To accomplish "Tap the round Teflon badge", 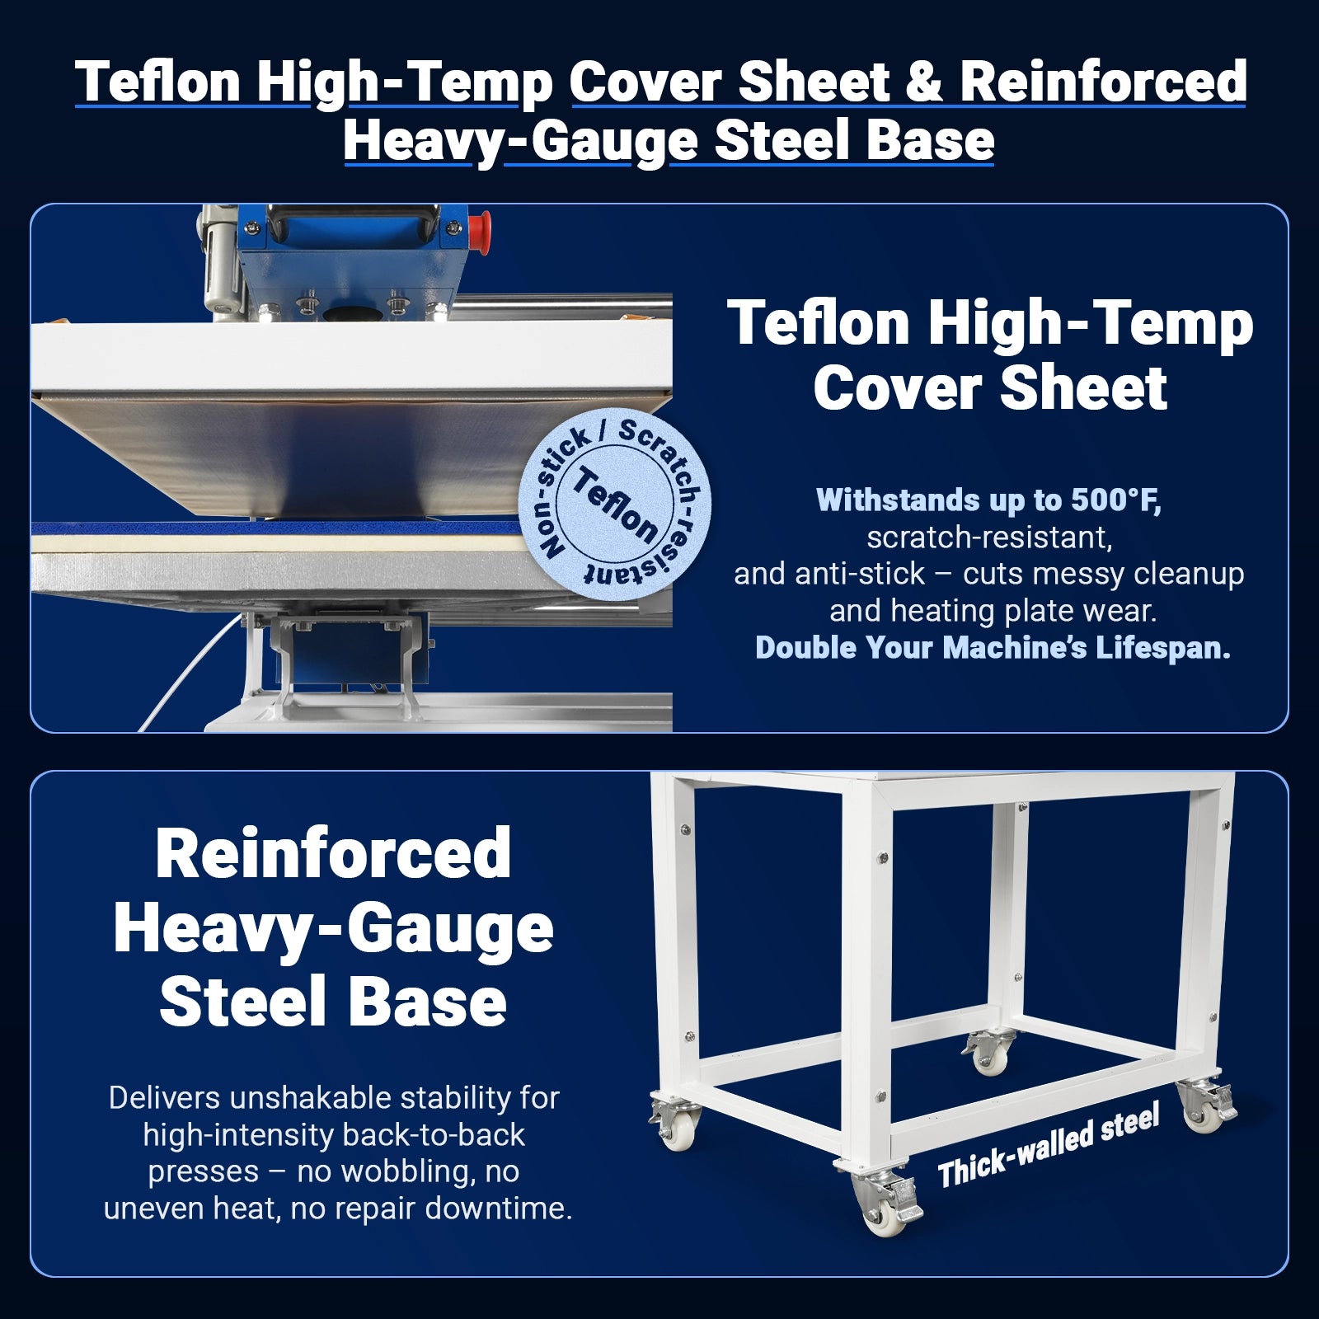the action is pos(614,503).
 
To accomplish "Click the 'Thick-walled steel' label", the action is pos(1049,1145).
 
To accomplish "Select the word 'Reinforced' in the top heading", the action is pos(1103,82).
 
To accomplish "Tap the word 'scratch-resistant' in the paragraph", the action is pos(989,537).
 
